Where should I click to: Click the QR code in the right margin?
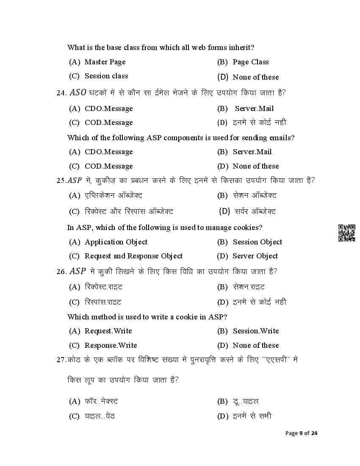pos(346,233)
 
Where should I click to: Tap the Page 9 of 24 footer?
pos(302,433)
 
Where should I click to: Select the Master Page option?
pos(105,62)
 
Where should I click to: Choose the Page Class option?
pos(250,62)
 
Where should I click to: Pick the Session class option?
pos(106,76)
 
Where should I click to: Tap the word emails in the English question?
pos(281,138)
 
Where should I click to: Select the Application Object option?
pos(116,242)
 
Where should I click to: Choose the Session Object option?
pos(257,242)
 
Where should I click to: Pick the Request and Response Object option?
pos(133,256)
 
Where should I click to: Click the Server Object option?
pos(255,256)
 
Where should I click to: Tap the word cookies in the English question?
pos(247,227)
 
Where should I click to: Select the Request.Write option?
pos(108,331)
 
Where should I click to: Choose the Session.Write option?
pos(255,331)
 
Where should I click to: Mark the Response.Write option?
pos(111,345)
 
